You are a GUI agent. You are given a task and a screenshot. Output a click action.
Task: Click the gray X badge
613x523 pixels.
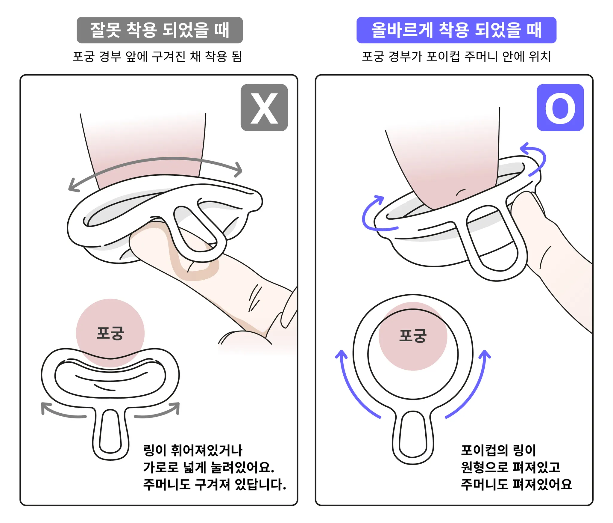[264, 108]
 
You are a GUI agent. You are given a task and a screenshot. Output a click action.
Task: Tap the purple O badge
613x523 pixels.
[560, 108]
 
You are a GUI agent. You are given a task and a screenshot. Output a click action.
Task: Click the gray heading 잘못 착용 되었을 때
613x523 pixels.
[160, 30]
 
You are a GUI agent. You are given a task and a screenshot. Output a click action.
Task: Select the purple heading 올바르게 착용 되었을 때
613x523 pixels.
[456, 30]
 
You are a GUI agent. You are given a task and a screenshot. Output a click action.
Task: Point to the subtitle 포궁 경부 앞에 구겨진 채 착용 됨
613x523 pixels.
[157, 56]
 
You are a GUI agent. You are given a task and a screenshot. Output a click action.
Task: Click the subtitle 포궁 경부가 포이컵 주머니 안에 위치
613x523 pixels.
[456, 56]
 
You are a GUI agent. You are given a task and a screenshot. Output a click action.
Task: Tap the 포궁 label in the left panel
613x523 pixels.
[110, 333]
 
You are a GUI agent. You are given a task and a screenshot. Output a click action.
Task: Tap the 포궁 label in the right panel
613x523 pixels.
[413, 336]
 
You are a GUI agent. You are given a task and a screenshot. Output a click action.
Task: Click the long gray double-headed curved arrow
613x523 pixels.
[156, 159]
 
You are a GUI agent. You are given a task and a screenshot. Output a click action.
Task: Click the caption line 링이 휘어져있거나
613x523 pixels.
[193, 450]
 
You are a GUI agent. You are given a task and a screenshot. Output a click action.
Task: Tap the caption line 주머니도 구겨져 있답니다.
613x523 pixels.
[215, 484]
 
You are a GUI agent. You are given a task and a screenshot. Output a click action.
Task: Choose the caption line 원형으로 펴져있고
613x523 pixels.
[510, 467]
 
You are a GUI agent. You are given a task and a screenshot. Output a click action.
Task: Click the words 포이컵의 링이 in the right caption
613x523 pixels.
[498, 450]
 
